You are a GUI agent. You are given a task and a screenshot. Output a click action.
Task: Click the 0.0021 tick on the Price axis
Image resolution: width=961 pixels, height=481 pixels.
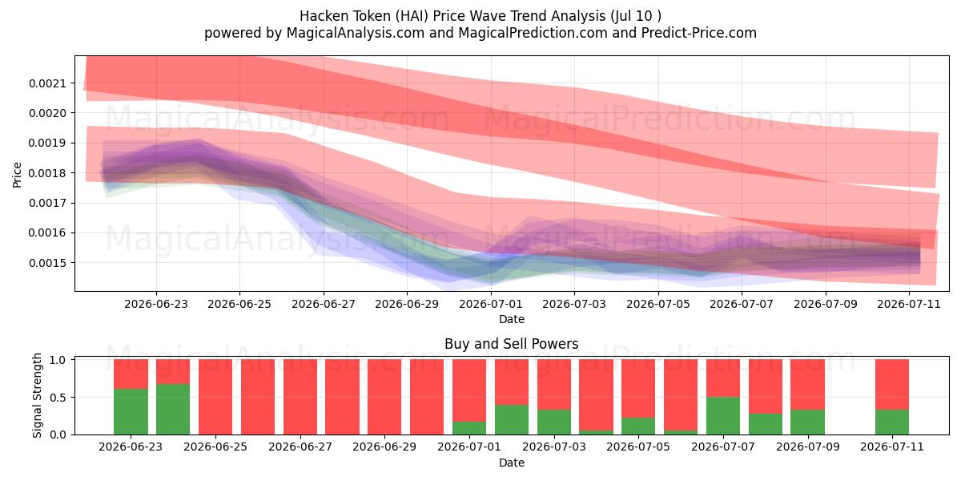pyautogui.click(x=47, y=83)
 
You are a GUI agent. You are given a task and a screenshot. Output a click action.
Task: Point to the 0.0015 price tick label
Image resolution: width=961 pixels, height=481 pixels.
pyautogui.click(x=47, y=263)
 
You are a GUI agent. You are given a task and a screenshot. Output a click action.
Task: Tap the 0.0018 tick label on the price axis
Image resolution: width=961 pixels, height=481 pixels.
pyautogui.click(x=47, y=173)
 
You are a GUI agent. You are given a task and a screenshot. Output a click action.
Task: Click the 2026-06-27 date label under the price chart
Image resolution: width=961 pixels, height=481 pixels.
pyautogui.click(x=324, y=304)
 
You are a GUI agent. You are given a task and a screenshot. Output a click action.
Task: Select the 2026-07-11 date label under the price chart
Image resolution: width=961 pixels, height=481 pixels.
pyautogui.click(x=909, y=304)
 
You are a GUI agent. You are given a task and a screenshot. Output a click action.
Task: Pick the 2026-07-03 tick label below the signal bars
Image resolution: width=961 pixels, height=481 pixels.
pyautogui.click(x=554, y=447)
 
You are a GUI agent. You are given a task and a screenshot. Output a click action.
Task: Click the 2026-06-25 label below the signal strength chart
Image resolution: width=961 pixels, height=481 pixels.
pyautogui.click(x=215, y=447)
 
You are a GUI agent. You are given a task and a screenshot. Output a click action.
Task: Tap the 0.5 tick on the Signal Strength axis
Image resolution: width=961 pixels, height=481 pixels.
pyautogui.click(x=58, y=398)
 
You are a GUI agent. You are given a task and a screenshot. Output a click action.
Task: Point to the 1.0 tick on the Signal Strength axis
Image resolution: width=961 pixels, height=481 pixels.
pyautogui.click(x=58, y=360)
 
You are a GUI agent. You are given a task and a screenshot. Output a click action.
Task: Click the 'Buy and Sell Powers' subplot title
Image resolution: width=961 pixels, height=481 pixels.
pyautogui.click(x=512, y=344)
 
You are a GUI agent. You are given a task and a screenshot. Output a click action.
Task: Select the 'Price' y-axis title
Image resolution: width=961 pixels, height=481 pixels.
pyautogui.click(x=17, y=175)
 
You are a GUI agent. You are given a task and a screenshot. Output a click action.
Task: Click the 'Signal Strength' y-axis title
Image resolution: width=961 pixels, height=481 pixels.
pyautogui.click(x=38, y=395)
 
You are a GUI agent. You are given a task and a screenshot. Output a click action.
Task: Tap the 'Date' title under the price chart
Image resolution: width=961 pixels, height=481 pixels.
pyautogui.click(x=512, y=320)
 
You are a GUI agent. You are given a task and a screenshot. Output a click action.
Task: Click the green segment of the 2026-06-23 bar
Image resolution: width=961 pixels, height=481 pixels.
pyautogui.click(x=131, y=412)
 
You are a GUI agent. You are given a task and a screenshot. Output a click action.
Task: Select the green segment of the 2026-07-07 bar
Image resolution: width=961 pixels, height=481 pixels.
pyautogui.click(x=723, y=416)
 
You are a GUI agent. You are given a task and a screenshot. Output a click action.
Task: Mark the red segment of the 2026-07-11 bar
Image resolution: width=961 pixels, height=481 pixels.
pyautogui.click(x=892, y=385)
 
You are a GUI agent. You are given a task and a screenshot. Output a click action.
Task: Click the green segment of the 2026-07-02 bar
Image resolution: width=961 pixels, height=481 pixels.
pyautogui.click(x=512, y=419)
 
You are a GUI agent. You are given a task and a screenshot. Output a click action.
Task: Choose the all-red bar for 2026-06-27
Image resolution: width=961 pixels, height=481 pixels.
pyautogui.click(x=300, y=397)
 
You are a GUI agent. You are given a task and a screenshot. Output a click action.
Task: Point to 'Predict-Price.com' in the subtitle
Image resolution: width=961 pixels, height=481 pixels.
pyautogui.click(x=699, y=33)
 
